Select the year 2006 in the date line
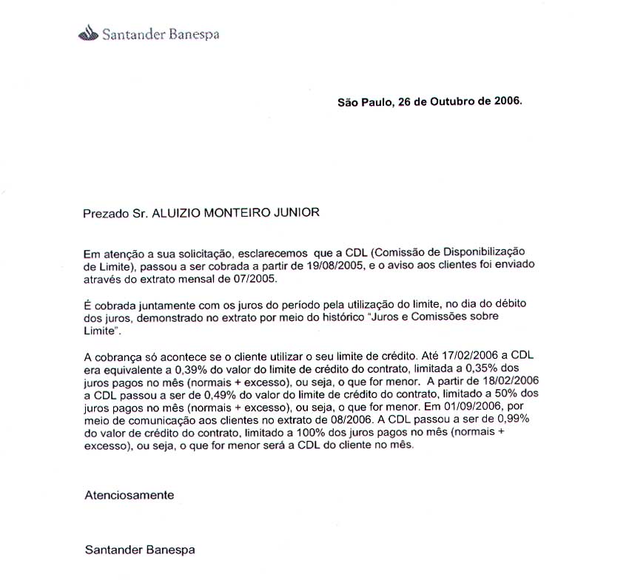507,101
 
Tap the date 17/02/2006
471,355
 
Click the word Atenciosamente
130,495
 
